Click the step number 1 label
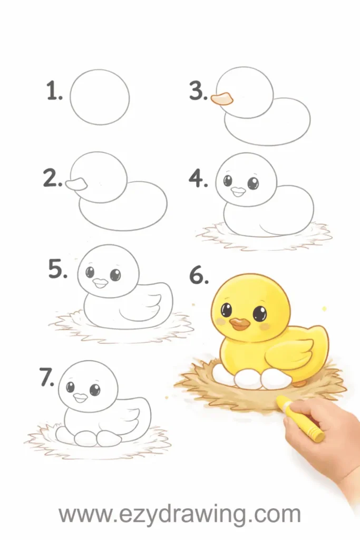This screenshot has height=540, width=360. coord(54,91)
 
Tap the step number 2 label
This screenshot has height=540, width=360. coord(53,178)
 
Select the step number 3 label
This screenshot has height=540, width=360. coord(199,91)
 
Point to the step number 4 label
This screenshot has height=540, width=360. coord(198,179)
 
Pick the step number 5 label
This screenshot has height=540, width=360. coord(57,269)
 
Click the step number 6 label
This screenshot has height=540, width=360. coord(199,276)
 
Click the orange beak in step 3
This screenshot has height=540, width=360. coord(222,99)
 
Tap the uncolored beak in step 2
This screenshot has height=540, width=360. coord(76,184)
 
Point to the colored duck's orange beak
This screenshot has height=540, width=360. coord(240,323)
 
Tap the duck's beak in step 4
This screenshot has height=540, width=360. coord(238,191)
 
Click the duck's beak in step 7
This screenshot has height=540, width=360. coord(81,398)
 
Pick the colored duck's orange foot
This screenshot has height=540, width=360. coord(300,383)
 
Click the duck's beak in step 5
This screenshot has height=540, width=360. coord(101,283)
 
